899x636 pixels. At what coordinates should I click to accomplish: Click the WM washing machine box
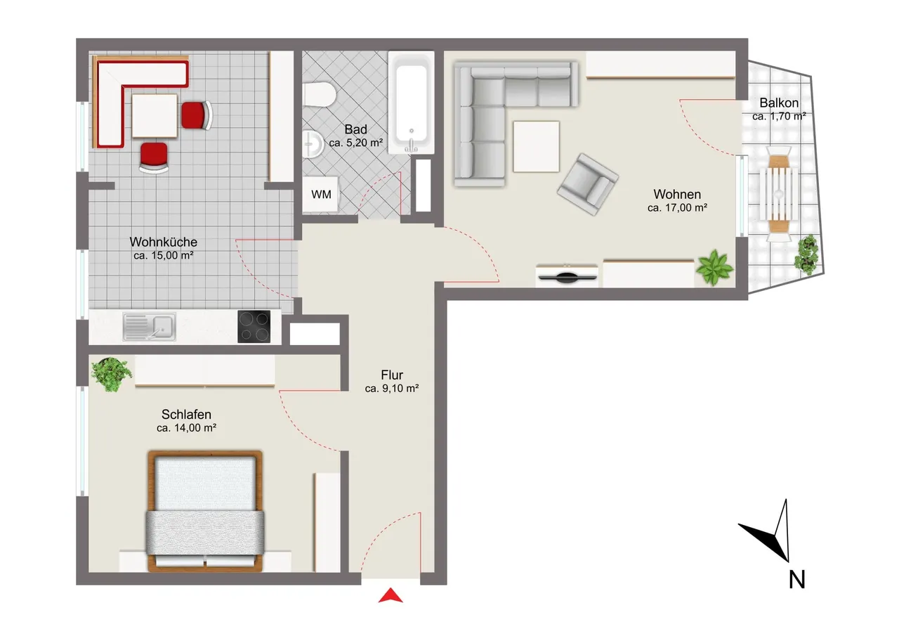[321, 195]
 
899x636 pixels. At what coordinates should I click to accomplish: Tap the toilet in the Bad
[320, 94]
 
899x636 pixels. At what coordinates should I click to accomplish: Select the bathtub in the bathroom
[411, 103]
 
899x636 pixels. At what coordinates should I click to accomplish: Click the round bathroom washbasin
[313, 144]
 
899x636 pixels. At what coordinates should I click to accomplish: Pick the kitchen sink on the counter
[150, 327]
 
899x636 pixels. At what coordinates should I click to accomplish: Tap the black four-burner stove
[254, 326]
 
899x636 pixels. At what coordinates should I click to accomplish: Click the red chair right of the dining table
[197, 116]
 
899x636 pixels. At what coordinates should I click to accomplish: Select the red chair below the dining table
[154, 157]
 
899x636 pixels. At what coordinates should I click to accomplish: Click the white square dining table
[155, 116]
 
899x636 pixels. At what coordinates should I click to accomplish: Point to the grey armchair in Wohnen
[588, 184]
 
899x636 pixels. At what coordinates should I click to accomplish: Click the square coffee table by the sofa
[536, 147]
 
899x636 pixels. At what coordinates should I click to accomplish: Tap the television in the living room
[567, 275]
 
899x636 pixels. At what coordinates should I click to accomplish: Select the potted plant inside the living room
[714, 267]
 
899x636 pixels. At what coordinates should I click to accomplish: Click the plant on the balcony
[807, 254]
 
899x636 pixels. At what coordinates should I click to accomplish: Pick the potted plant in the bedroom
[111, 374]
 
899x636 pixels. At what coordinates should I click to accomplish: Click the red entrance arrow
[391, 595]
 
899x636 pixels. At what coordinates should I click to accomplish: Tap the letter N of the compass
[796, 580]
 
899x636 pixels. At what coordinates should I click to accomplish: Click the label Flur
[392, 375]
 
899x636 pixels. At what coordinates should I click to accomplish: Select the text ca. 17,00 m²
[677, 208]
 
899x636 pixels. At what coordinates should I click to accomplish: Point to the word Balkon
[779, 103]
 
